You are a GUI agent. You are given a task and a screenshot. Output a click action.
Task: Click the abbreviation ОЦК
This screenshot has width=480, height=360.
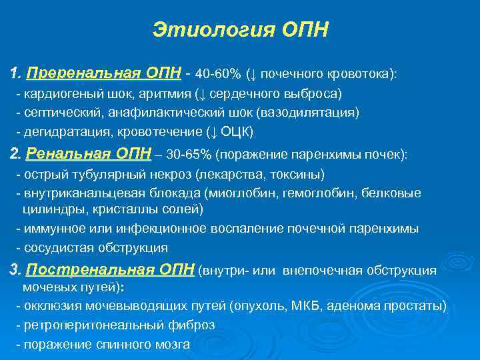(x=233, y=130)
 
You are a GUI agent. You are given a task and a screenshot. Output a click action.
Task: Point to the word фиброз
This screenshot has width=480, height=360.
(x=193, y=325)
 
